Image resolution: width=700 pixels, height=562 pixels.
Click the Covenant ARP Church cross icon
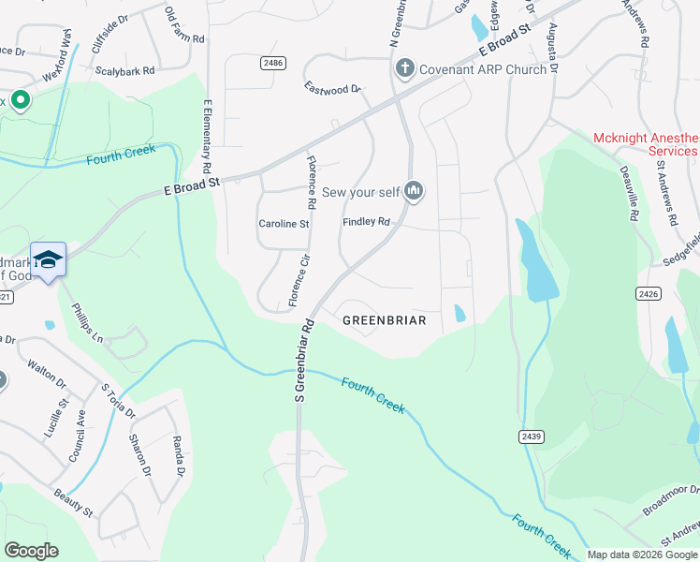pyautogui.click(x=404, y=68)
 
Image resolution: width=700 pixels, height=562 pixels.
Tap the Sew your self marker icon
pyautogui.click(x=414, y=192)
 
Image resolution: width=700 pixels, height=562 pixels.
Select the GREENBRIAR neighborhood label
pyautogui.click(x=384, y=320)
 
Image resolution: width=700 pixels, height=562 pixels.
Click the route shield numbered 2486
pyautogui.click(x=272, y=62)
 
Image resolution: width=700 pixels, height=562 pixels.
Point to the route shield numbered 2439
pyautogui.click(x=531, y=436)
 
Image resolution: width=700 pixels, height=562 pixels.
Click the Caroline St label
pyautogui.click(x=284, y=224)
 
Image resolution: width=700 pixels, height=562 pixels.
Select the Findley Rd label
pyautogui.click(x=366, y=222)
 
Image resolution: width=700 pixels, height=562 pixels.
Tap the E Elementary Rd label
pyautogui.click(x=205, y=137)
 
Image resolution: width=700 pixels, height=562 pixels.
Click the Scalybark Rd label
pyautogui.click(x=124, y=70)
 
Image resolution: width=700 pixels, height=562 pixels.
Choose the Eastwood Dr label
pyautogui.click(x=332, y=88)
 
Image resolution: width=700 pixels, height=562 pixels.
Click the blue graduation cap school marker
pyautogui.click(x=48, y=259)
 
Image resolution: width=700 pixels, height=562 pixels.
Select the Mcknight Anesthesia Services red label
pyautogui.click(x=646, y=144)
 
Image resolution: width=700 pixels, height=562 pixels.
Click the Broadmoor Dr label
pyautogui.click(x=671, y=500)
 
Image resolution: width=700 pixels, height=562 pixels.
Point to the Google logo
pyautogui.click(x=31, y=551)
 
